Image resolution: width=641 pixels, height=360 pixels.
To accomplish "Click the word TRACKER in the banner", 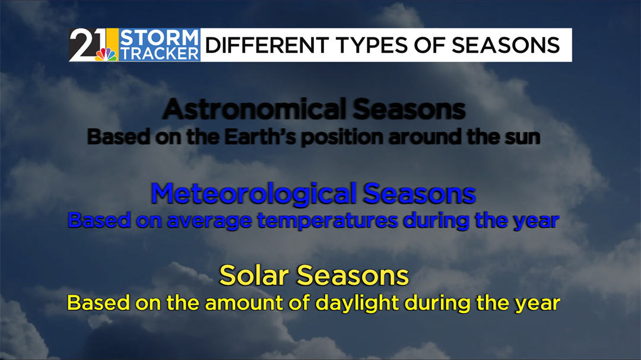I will [x=159, y=53].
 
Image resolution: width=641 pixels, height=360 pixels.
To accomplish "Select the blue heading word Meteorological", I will [x=253, y=193].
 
